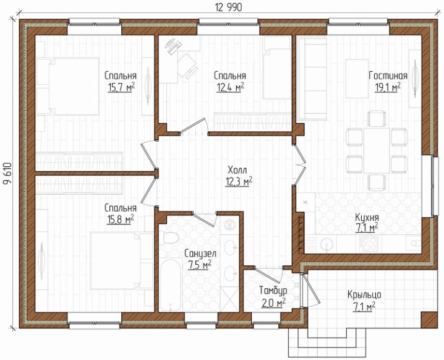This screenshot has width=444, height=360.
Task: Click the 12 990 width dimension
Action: click(x=229, y=7)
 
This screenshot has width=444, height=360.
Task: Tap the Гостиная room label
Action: click(x=388, y=75)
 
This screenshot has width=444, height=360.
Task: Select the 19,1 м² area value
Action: click(x=388, y=87)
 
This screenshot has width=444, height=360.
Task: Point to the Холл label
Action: click(x=237, y=170)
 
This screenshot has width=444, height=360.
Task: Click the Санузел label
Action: click(x=200, y=253)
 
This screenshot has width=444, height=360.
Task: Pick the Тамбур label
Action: click(x=273, y=291)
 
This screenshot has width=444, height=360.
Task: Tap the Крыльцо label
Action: click(x=364, y=295)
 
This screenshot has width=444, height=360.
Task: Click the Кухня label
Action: click(x=367, y=218)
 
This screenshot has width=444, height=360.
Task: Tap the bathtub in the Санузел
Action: click(x=170, y=285)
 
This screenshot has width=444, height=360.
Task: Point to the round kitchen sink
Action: click(x=327, y=243)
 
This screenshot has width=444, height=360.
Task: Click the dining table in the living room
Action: click(x=377, y=150)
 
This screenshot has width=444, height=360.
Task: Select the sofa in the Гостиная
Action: click(x=312, y=78)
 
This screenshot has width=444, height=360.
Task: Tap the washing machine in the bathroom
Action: click(x=229, y=225)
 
